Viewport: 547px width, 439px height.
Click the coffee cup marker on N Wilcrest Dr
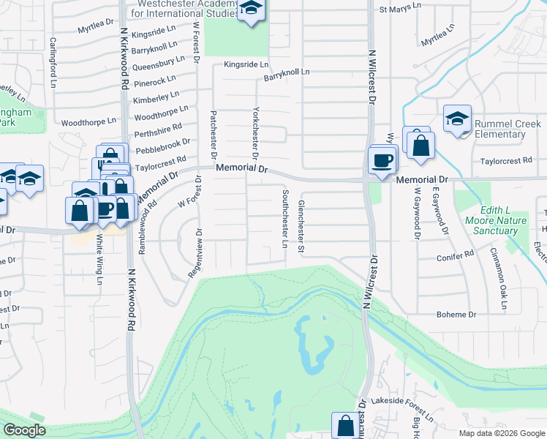tap(381, 160)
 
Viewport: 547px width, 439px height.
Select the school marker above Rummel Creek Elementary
tap(457, 119)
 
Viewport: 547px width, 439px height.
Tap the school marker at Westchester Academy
tap(252, 10)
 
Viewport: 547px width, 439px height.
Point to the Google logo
tap(24, 430)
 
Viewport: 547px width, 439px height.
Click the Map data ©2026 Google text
tap(501, 433)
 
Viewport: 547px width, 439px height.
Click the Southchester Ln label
tap(284, 219)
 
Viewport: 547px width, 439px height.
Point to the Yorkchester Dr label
tap(256, 134)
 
